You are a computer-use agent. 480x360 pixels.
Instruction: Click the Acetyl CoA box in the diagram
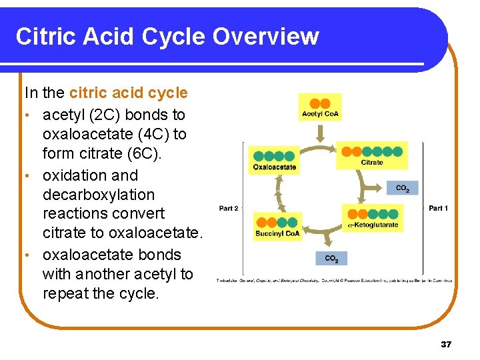[x=321, y=107]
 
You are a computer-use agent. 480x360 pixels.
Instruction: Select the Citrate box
[x=371, y=155]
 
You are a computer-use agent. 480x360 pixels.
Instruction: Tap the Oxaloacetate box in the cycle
[x=275, y=161]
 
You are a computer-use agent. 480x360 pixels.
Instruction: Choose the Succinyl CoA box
[x=277, y=226]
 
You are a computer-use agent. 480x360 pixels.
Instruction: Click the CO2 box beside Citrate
[x=403, y=188]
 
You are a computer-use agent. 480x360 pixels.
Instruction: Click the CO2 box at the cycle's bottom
[x=331, y=258]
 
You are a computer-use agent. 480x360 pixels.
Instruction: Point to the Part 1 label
[x=438, y=209]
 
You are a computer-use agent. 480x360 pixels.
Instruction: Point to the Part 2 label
[x=229, y=209]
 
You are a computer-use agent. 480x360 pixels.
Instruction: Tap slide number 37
[x=446, y=345]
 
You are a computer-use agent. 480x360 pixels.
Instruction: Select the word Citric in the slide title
[x=46, y=36]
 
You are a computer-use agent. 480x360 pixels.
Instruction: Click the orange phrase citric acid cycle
[x=128, y=93]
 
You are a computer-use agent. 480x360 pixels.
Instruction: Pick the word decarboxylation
[x=98, y=195]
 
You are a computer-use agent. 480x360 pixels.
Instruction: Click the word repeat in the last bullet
[x=65, y=293]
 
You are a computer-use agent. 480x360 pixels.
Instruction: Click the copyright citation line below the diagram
[x=333, y=281]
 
